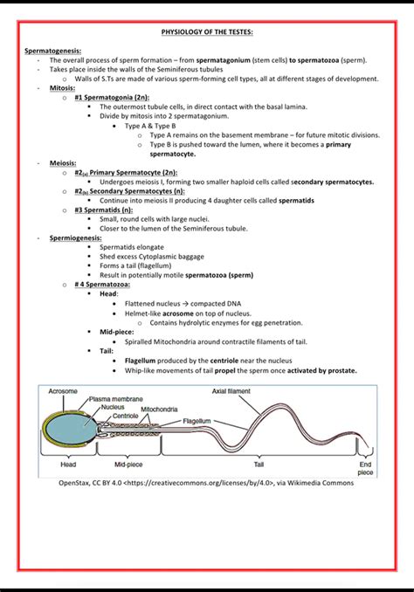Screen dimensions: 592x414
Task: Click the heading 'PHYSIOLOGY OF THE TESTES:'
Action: pos(207,32)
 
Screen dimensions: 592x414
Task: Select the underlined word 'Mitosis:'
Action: pos(63,88)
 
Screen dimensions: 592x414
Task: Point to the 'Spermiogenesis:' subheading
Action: pos(75,237)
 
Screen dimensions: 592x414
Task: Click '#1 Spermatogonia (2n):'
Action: pos(111,98)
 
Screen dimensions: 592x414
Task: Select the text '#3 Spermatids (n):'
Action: pos(104,210)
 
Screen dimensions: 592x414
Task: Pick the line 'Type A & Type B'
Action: pos(151,126)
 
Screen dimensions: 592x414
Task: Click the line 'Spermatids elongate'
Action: pos(131,247)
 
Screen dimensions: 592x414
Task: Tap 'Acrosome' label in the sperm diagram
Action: pos(63,391)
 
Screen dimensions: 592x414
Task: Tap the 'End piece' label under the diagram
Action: pos(365,469)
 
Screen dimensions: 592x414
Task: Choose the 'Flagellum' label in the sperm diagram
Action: pos(197,420)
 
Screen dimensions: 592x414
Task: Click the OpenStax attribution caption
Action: pos(206,483)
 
